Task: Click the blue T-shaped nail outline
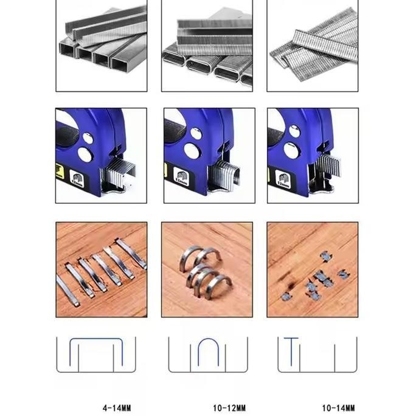pos(291,351)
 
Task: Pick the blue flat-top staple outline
pos(97,353)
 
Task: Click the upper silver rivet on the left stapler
pos(88,138)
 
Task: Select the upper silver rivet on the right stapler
pos(294,131)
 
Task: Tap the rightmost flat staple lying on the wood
pos(132,253)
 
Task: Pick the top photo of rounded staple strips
pos(207,46)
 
